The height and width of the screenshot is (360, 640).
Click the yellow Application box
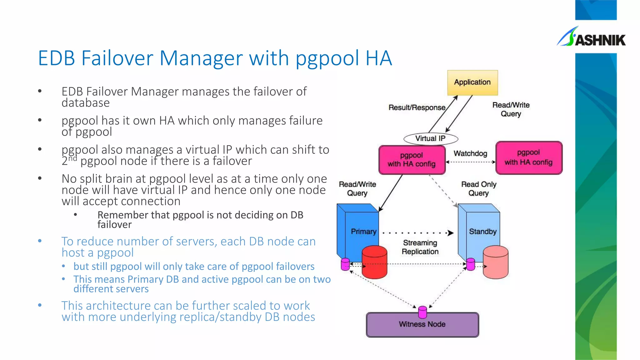pyautogui.click(x=472, y=82)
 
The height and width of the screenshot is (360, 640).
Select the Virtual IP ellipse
pyautogui.click(x=431, y=138)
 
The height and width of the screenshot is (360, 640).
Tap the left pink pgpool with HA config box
pyautogui.click(x=412, y=160)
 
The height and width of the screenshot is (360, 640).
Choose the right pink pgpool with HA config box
pyautogui.click(x=528, y=157)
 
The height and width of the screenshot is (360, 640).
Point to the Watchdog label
pyautogui.click(x=470, y=153)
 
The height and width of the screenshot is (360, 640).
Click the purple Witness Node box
pyautogui.click(x=422, y=325)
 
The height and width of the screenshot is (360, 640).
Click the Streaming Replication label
pyautogui.click(x=420, y=247)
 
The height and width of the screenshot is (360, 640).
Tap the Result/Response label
pyautogui.click(x=417, y=107)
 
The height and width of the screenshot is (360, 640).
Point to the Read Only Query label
pyautogui.click(x=479, y=189)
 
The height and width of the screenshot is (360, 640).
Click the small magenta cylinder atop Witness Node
pyautogui.click(x=422, y=312)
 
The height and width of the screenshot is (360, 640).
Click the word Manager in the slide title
pyautogui.click(x=201, y=58)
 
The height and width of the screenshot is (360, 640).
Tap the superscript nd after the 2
pyautogui.click(x=72, y=158)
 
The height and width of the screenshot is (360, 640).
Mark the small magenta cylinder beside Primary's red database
pyautogui.click(x=345, y=264)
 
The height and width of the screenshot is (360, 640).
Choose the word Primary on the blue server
pyautogui.click(x=363, y=232)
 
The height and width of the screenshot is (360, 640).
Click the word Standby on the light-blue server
pyautogui.click(x=483, y=232)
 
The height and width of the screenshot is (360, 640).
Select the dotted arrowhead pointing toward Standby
pyautogui.click(x=450, y=233)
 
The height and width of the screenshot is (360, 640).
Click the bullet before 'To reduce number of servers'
pyautogui.click(x=40, y=241)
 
